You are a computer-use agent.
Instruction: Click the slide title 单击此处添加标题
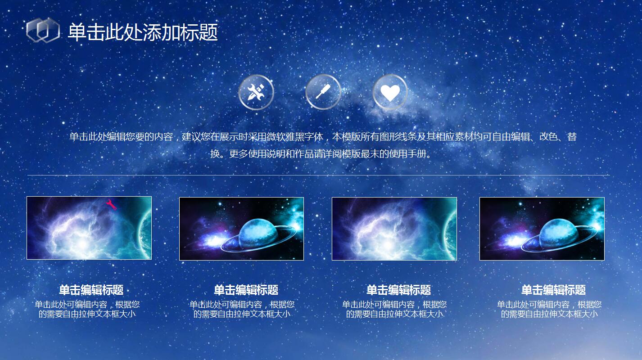[x=142, y=32]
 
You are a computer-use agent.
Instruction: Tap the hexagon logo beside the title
[x=43, y=31]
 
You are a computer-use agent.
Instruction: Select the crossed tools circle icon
[x=256, y=92]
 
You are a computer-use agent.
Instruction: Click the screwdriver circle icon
[x=323, y=92]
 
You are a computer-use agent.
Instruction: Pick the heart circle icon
[x=390, y=92]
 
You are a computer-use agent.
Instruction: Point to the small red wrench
[x=111, y=205]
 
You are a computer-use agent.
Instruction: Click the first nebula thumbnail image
[x=89, y=228]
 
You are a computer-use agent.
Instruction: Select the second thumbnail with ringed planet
[x=241, y=229]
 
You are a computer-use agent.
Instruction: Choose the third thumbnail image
[x=394, y=229]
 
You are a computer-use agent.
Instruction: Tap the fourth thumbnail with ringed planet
[x=542, y=229]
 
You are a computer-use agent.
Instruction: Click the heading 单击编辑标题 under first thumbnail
[x=91, y=290]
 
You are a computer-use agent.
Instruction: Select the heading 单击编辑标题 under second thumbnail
[x=246, y=290]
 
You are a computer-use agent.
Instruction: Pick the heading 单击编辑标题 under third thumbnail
[x=398, y=290]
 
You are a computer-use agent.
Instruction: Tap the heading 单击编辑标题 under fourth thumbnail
[x=553, y=290]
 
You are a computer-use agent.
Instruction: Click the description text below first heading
[x=87, y=309]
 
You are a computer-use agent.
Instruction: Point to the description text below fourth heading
[x=549, y=309]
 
